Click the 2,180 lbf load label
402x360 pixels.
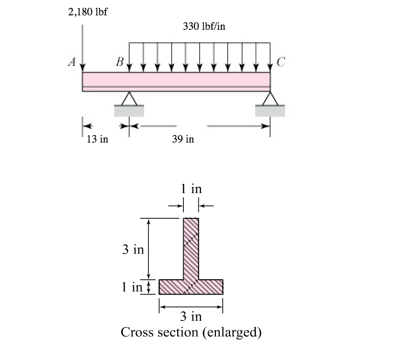point(88,11)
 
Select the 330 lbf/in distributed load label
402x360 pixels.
point(204,26)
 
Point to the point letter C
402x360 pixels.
point(279,62)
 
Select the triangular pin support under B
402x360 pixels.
point(129,98)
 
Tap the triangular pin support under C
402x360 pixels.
point(270,98)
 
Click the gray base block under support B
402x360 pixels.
point(129,111)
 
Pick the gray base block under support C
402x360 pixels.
point(270,111)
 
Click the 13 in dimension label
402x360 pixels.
point(98,139)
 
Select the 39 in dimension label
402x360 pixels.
point(183,139)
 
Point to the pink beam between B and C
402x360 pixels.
point(199,81)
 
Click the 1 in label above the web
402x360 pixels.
point(191,189)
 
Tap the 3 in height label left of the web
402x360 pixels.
point(133,249)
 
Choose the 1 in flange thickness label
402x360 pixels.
point(131,287)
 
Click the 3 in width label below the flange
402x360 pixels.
point(191,316)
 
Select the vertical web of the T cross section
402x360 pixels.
point(191,248)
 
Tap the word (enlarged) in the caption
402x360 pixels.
point(232,333)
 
